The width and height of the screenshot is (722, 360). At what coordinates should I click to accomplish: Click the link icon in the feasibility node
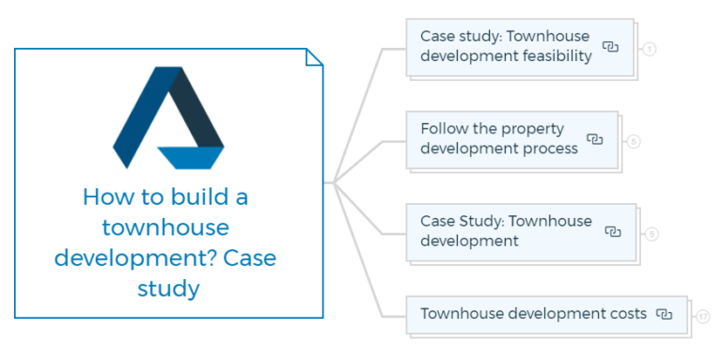coord(610,46)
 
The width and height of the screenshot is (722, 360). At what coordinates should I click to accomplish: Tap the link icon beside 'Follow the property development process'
coord(594,139)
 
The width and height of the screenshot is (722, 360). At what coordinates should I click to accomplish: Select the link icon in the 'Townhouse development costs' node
coord(664,314)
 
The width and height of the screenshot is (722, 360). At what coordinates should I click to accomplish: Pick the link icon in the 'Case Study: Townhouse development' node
coord(612,231)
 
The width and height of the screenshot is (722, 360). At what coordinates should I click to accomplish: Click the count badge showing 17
coord(703,317)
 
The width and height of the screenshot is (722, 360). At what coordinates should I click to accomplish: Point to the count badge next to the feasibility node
coord(649,48)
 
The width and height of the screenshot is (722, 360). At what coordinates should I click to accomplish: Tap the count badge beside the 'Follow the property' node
coord(634,142)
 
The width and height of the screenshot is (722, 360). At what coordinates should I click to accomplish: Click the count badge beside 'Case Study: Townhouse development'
coord(651,234)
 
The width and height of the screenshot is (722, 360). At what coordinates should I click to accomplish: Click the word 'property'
coord(532,129)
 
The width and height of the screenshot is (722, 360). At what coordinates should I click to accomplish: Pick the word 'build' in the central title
coord(199,197)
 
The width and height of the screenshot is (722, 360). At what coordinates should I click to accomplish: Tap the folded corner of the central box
coord(314,57)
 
